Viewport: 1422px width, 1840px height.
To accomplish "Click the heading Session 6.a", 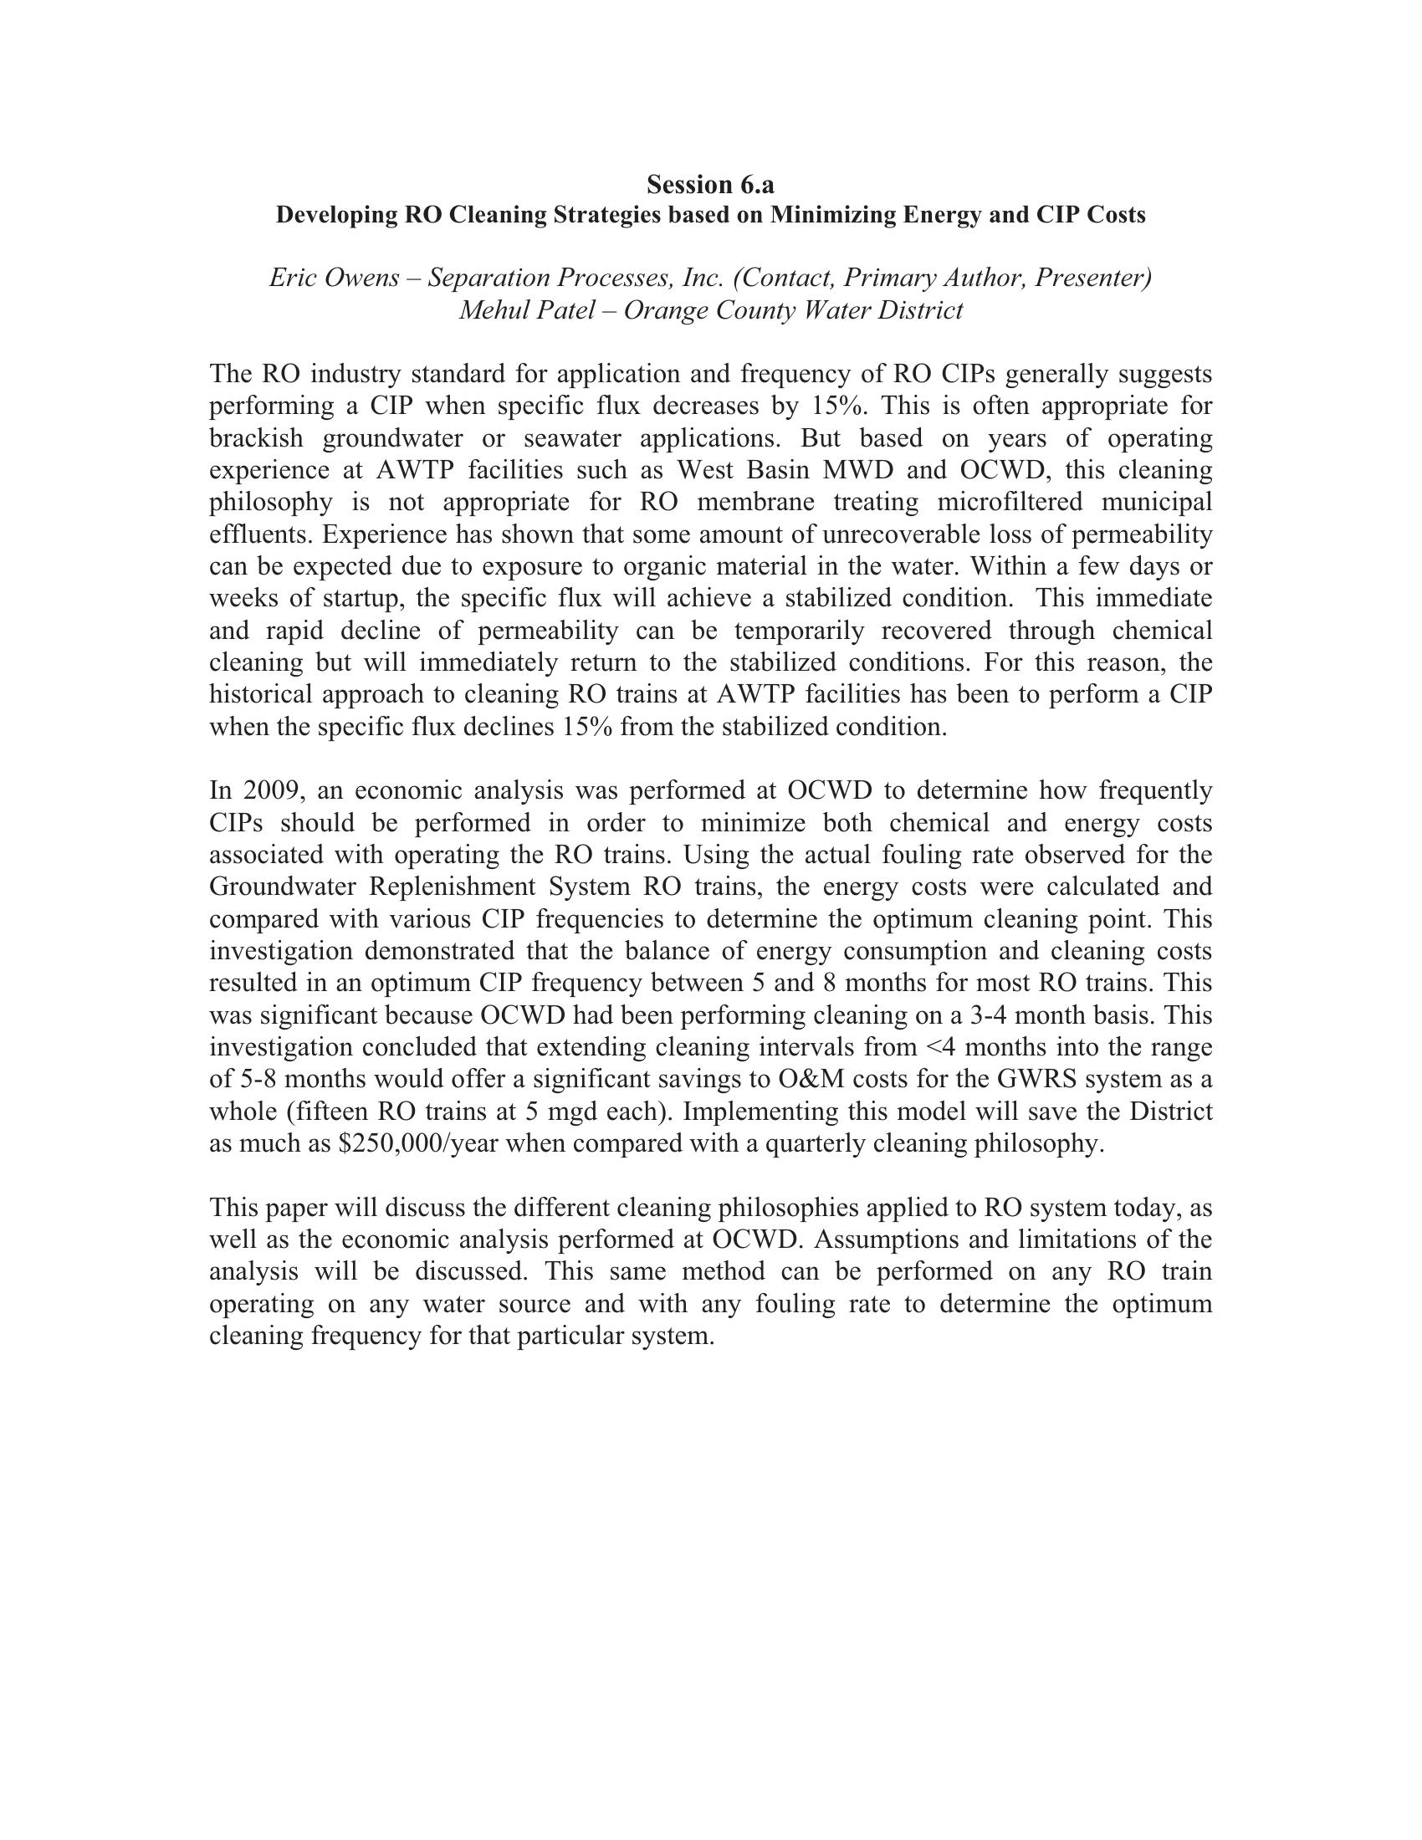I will tap(710, 184).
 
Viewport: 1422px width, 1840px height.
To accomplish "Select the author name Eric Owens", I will tap(334, 277).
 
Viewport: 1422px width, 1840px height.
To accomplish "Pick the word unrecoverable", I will tap(893, 534).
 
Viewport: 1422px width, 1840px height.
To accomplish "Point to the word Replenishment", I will tap(452, 887).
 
